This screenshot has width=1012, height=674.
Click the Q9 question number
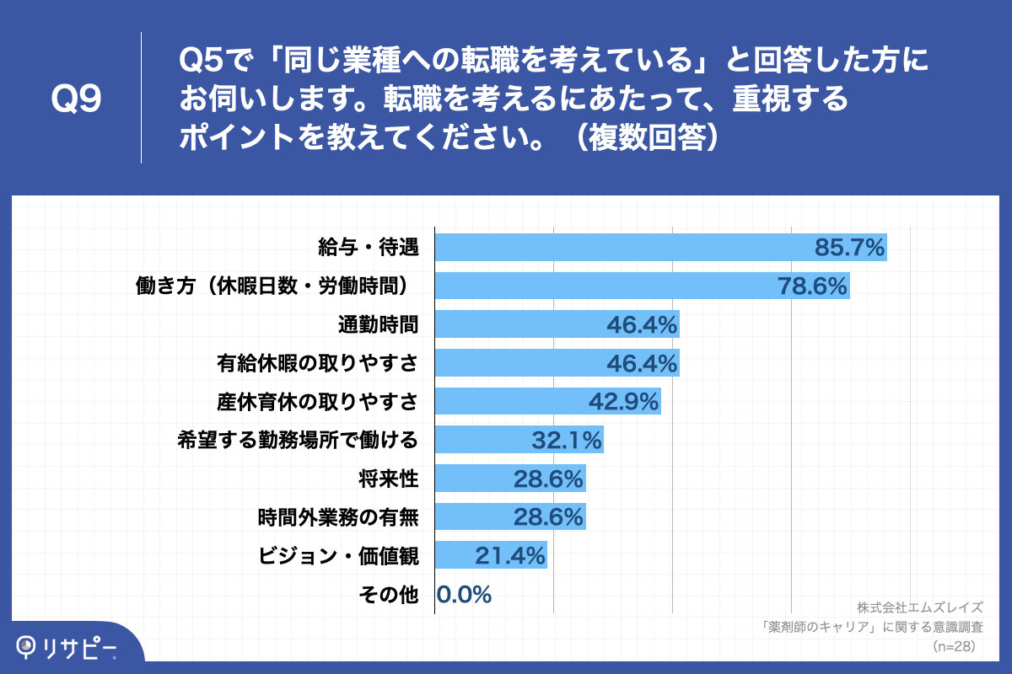tap(77, 99)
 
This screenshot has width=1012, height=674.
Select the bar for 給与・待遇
tap(624, 247)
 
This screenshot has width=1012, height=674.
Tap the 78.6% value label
tap(811, 286)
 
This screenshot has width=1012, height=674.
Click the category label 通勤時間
tap(378, 324)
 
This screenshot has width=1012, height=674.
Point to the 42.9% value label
tap(622, 402)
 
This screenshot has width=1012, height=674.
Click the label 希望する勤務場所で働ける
tap(298, 440)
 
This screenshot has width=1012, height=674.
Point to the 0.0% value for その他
tap(465, 595)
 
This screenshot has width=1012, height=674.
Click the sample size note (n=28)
tap(954, 646)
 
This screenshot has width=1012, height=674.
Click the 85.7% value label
tap(849, 248)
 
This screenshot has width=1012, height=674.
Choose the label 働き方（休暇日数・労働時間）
tap(277, 286)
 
